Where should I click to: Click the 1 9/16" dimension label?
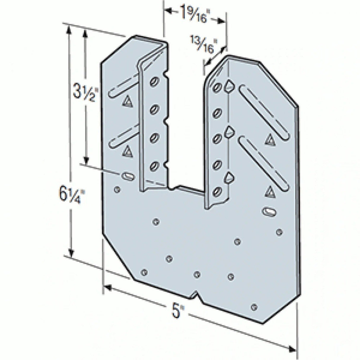194,13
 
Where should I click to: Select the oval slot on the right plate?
269,212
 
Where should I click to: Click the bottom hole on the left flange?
154,166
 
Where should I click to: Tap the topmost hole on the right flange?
217,87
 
